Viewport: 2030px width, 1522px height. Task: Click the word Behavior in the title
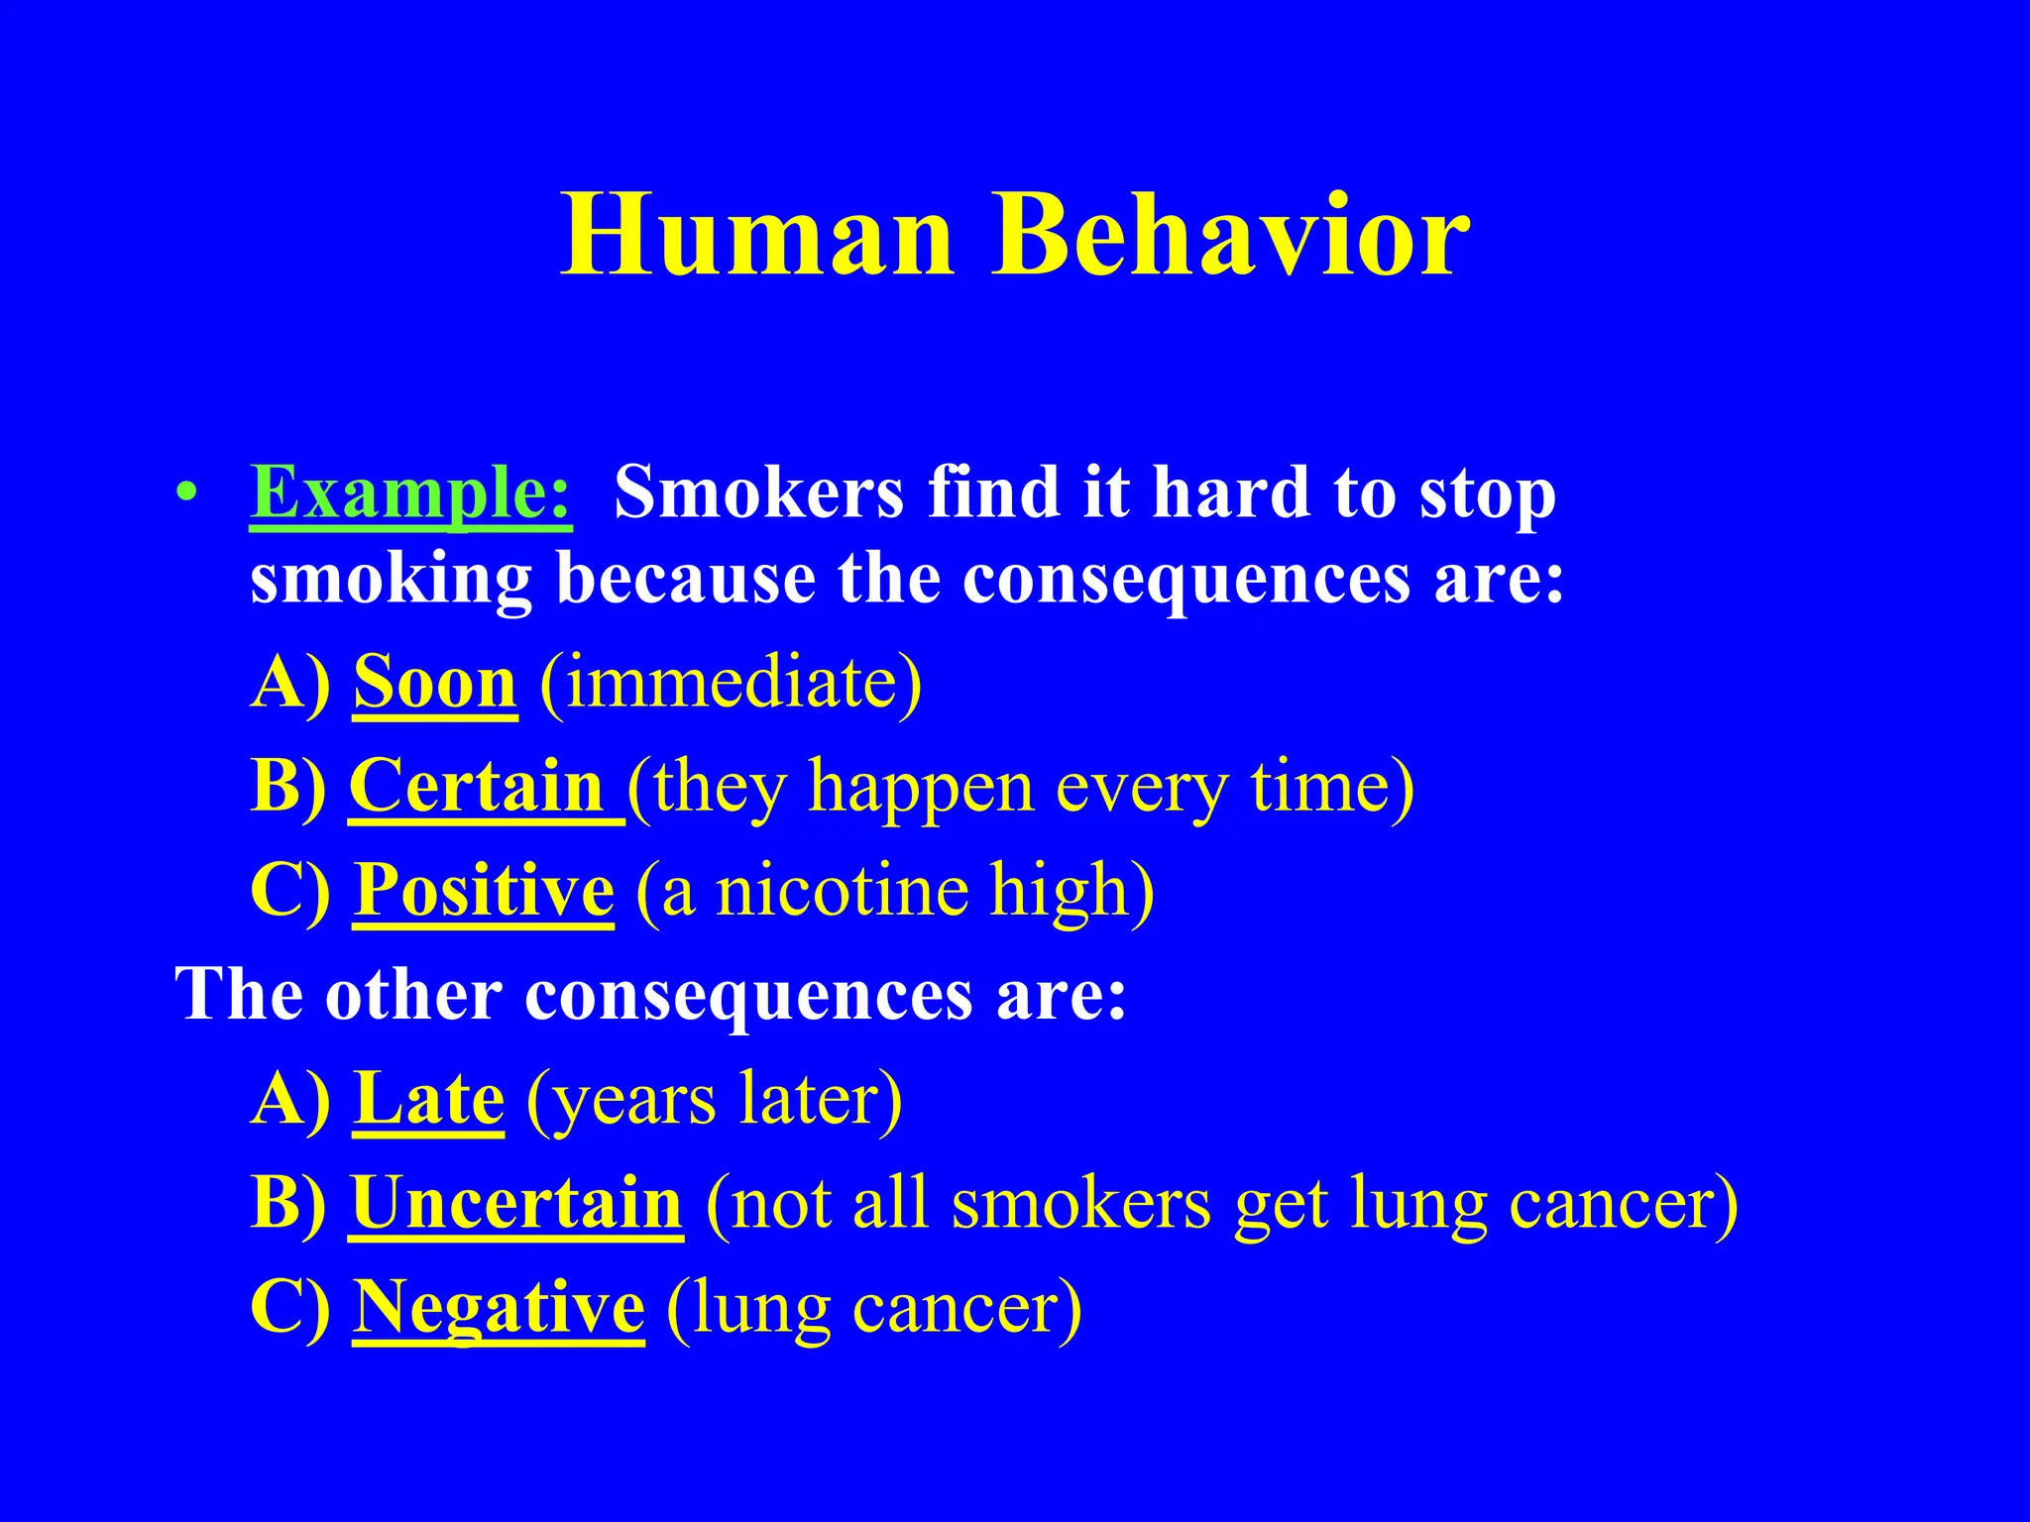click(1231, 236)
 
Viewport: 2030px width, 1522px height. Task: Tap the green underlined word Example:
click(410, 492)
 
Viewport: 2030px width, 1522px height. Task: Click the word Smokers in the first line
click(758, 492)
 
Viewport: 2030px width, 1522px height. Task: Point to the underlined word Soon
click(435, 684)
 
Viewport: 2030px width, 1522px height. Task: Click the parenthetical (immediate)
click(731, 684)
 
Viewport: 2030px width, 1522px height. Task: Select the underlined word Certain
click(478, 787)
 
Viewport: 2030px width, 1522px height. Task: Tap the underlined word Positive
click(484, 890)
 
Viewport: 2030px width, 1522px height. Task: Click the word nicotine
click(842, 890)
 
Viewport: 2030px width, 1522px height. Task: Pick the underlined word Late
click(428, 1099)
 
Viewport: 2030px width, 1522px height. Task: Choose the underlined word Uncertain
click(515, 1203)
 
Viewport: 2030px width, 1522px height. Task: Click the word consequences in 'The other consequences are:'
click(748, 995)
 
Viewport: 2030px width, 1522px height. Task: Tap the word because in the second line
click(686, 579)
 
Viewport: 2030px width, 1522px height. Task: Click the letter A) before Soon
click(289, 684)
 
